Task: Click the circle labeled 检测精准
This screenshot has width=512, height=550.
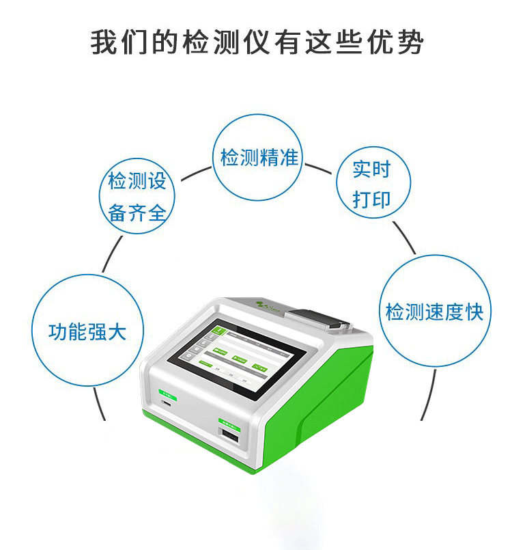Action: [x=258, y=157]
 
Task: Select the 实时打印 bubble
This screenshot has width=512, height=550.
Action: [x=373, y=182]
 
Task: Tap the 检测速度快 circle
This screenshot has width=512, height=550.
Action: [x=434, y=312]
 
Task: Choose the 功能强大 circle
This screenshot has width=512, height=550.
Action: [x=87, y=332]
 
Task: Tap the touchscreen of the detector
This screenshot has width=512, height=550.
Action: [x=236, y=355]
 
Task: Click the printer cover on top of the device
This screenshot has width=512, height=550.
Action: [x=315, y=318]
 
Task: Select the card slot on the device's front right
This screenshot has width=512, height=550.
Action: [x=229, y=437]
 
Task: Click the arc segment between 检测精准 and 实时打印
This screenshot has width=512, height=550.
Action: [x=321, y=168]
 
